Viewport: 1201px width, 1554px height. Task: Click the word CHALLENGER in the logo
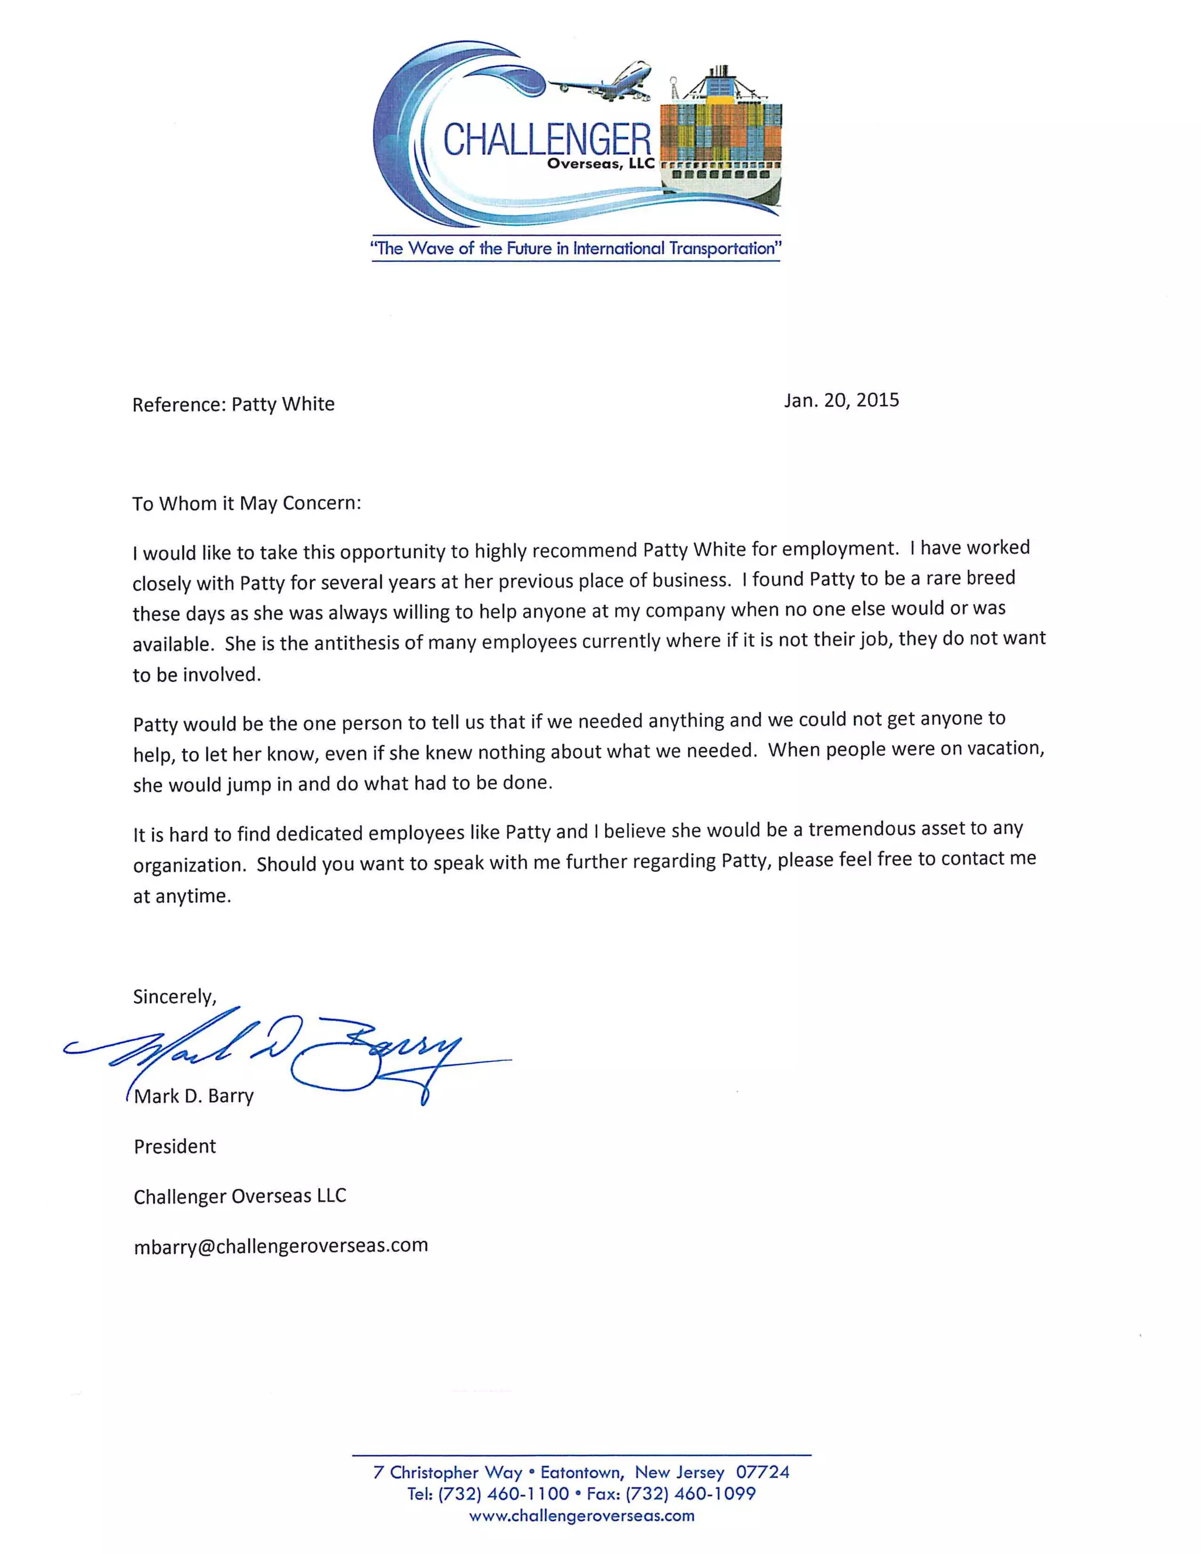click(547, 139)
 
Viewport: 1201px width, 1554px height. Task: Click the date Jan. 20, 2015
click(841, 400)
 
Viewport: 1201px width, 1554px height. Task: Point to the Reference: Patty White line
click(233, 404)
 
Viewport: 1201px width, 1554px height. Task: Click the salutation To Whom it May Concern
click(246, 503)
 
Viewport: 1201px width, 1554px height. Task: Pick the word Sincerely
click(174, 996)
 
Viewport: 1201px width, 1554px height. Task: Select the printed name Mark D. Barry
click(194, 1096)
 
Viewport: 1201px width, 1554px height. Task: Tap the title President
click(175, 1146)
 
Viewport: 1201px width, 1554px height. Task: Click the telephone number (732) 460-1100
click(503, 1494)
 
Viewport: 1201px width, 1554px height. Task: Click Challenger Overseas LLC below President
click(240, 1196)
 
